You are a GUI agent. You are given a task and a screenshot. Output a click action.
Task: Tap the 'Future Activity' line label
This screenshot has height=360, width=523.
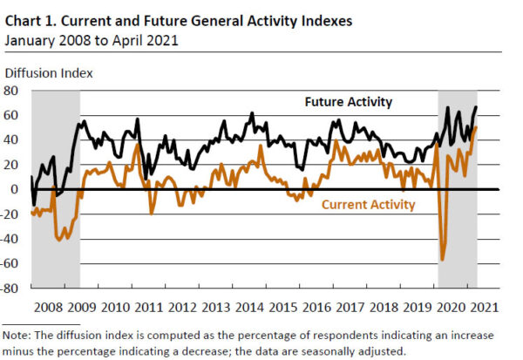click(349, 102)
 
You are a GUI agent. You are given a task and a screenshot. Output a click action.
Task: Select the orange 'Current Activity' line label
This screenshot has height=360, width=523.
click(369, 205)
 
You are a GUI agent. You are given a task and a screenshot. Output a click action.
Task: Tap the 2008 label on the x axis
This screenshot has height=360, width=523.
click(47, 308)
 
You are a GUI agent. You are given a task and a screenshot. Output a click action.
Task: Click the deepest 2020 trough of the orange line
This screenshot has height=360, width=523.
click(443, 259)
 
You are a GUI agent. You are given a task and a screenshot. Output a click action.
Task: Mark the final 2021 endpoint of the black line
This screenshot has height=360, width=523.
click(477, 107)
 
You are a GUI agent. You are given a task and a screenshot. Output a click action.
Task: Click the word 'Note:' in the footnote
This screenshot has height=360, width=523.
click(19, 336)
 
